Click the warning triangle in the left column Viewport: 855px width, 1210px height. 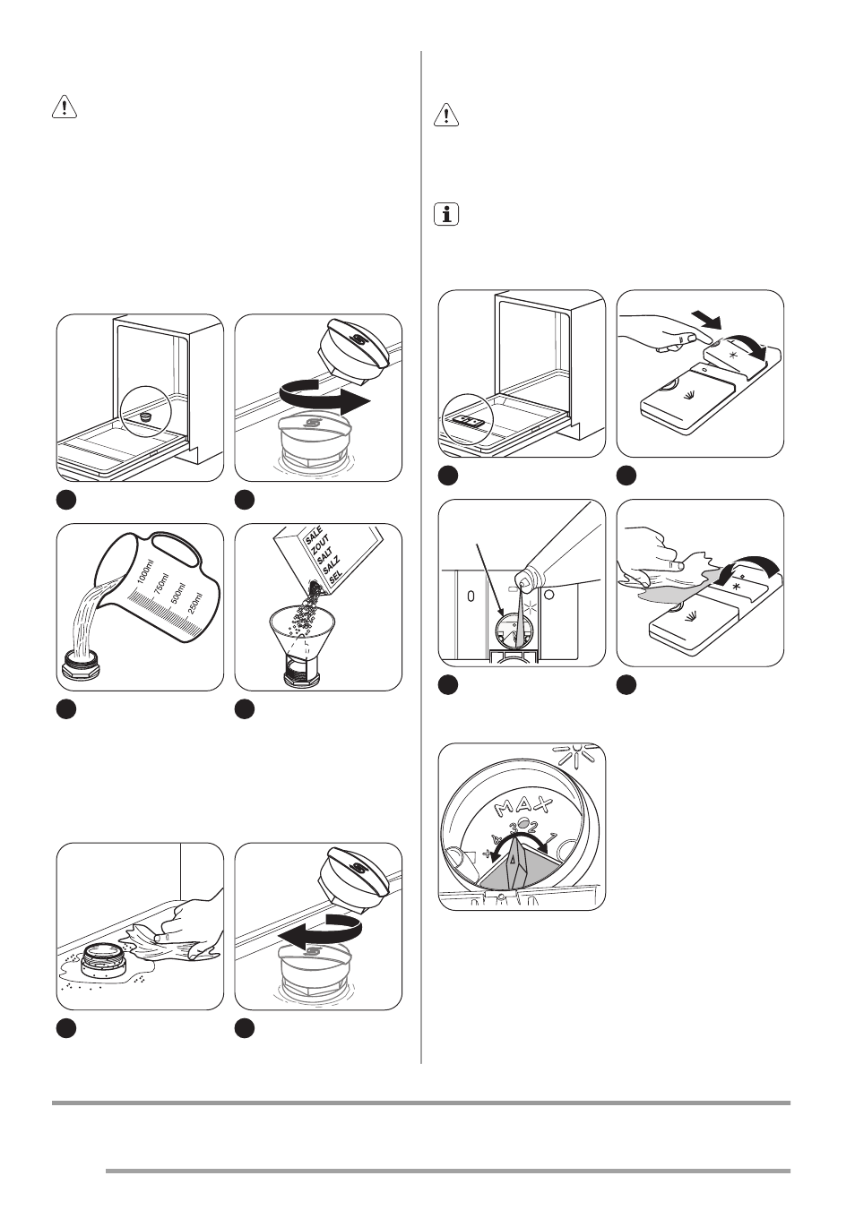(x=64, y=109)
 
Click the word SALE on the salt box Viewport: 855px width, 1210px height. (x=314, y=538)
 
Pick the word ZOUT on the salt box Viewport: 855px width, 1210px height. (x=320, y=549)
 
